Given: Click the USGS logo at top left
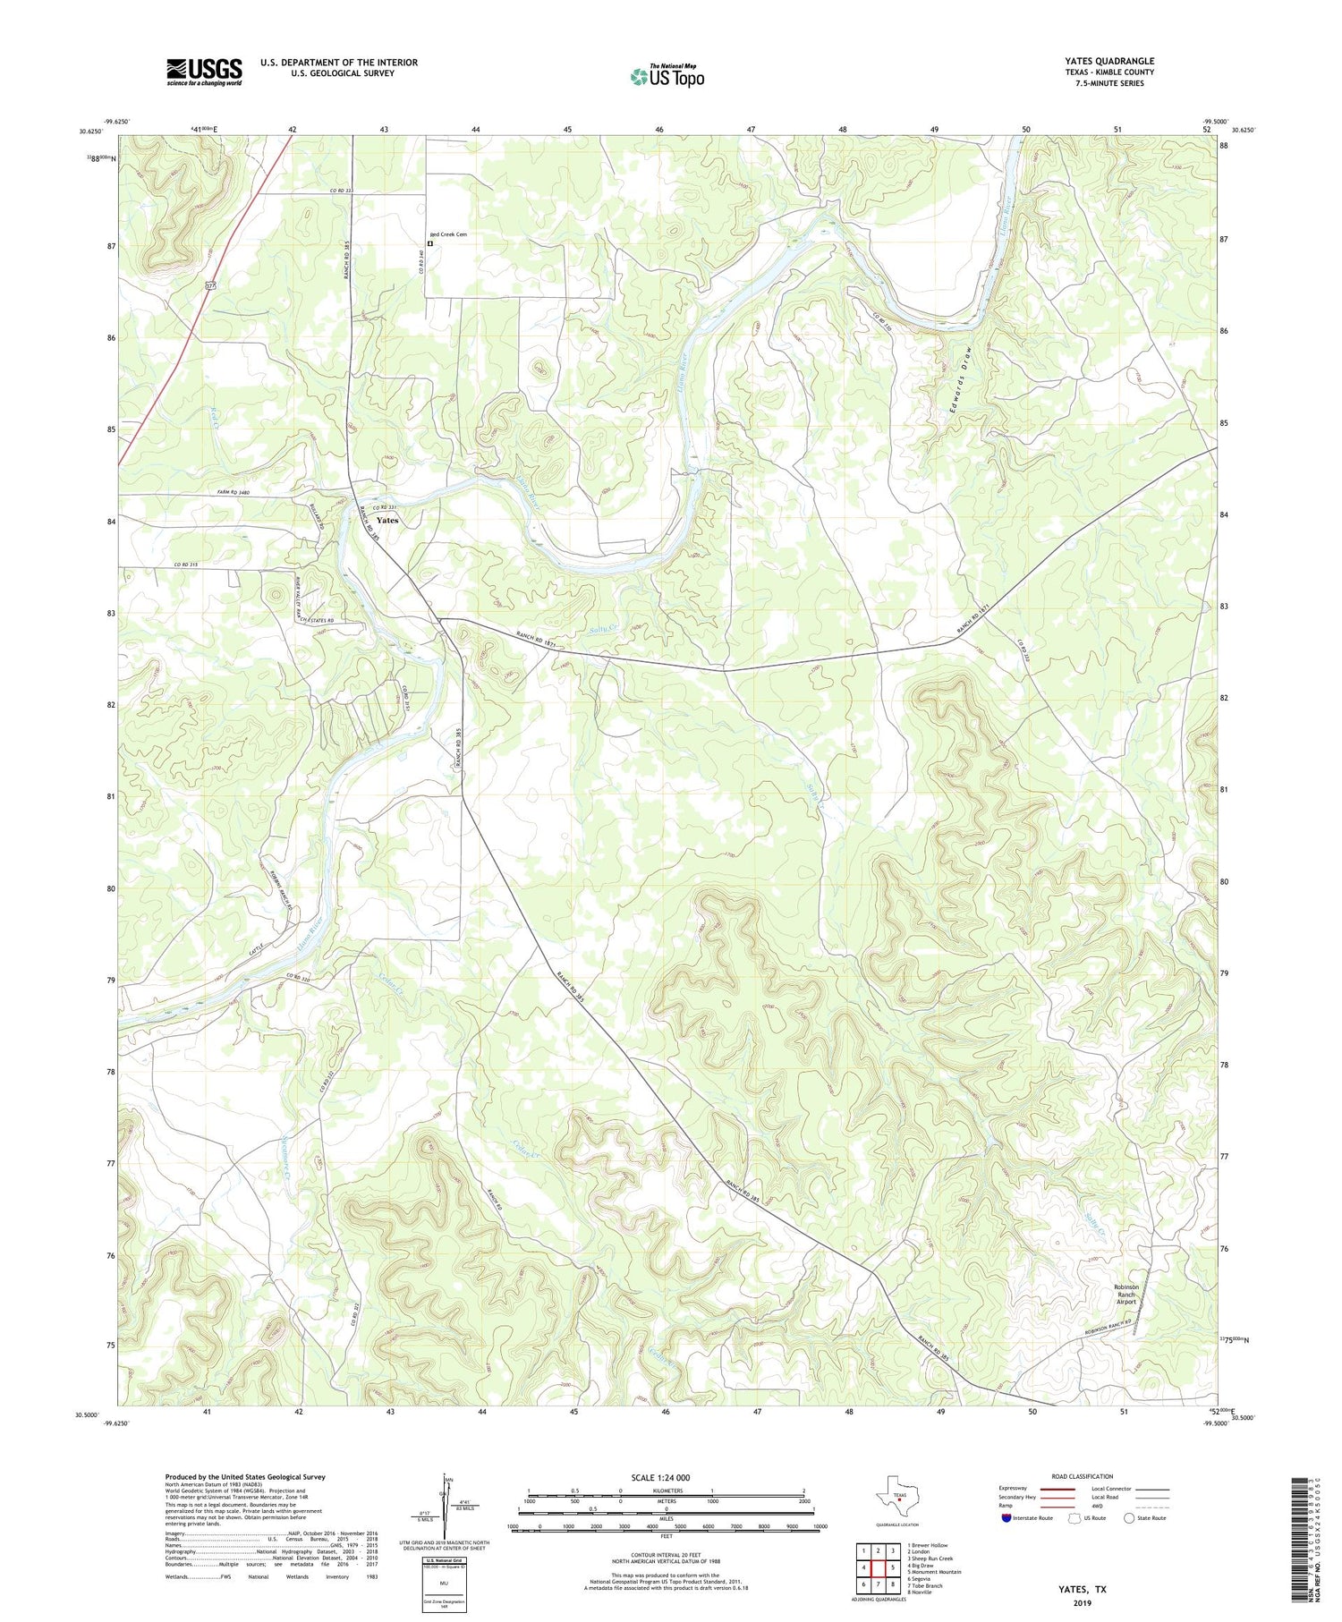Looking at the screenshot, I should coord(204,72).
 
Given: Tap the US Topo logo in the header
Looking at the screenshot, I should coord(667,76).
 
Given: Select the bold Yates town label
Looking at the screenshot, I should coord(387,520).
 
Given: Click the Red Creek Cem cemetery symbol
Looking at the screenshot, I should coord(429,242).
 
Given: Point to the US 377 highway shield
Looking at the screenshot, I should coord(211,285).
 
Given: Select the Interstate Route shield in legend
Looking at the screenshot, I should coord(1006,1518).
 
